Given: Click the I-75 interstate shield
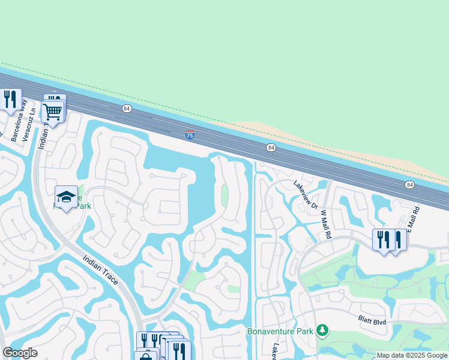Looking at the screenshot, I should coord(190,136).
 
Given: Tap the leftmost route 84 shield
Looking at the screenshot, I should coord(126,108).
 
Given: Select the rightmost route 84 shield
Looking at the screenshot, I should coord(409,184).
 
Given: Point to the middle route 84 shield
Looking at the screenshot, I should coord(271,148).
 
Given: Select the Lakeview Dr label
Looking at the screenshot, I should coord(305,194).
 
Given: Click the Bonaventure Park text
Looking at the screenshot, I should coord(281,331).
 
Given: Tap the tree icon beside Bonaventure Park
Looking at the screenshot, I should coord(322,330).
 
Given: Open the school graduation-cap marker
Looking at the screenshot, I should coord(67,196).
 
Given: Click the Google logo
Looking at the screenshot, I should coord(20,353).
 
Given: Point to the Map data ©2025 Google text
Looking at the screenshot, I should coord(412,355).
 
